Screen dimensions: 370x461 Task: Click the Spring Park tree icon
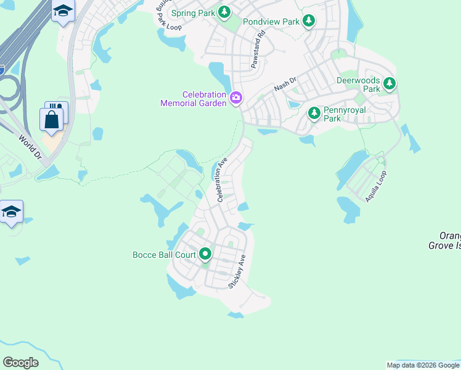click(x=224, y=12)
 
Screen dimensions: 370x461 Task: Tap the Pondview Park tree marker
click(x=309, y=22)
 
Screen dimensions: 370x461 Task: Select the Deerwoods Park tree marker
click(x=389, y=83)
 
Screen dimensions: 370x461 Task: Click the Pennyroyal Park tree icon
click(x=314, y=112)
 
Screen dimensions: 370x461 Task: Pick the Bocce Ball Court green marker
click(x=205, y=253)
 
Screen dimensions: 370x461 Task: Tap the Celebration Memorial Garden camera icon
click(x=235, y=98)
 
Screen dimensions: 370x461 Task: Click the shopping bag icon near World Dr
click(x=52, y=119)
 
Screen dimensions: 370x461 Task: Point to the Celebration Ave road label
click(x=221, y=179)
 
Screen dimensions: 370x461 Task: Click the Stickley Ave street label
click(x=238, y=271)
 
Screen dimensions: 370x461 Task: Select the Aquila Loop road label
click(x=375, y=184)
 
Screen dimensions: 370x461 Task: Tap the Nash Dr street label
click(x=285, y=84)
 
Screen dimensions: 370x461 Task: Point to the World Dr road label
click(x=30, y=147)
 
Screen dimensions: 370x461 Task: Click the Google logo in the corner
click(x=20, y=363)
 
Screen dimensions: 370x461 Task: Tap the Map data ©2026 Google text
click(x=423, y=365)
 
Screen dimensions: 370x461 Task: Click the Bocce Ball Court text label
click(x=164, y=254)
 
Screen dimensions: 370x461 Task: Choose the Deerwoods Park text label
click(x=358, y=84)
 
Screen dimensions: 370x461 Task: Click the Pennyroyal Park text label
click(x=345, y=114)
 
